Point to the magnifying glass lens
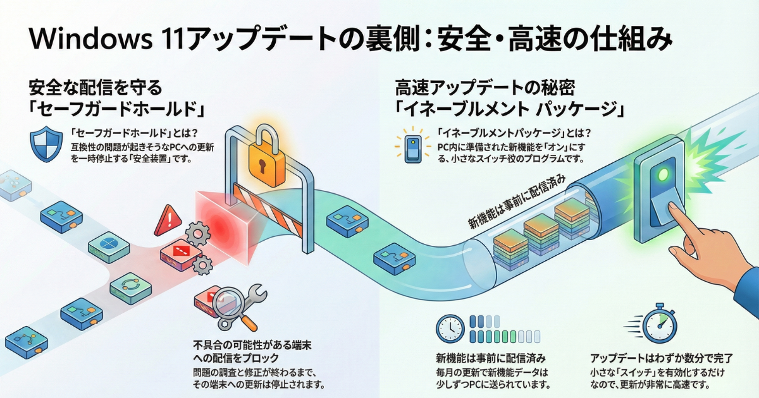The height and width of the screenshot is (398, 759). coord(228,302)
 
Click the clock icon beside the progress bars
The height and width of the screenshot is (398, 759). coord(450,329)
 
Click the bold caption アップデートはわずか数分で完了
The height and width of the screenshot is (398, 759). coord(661,358)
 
